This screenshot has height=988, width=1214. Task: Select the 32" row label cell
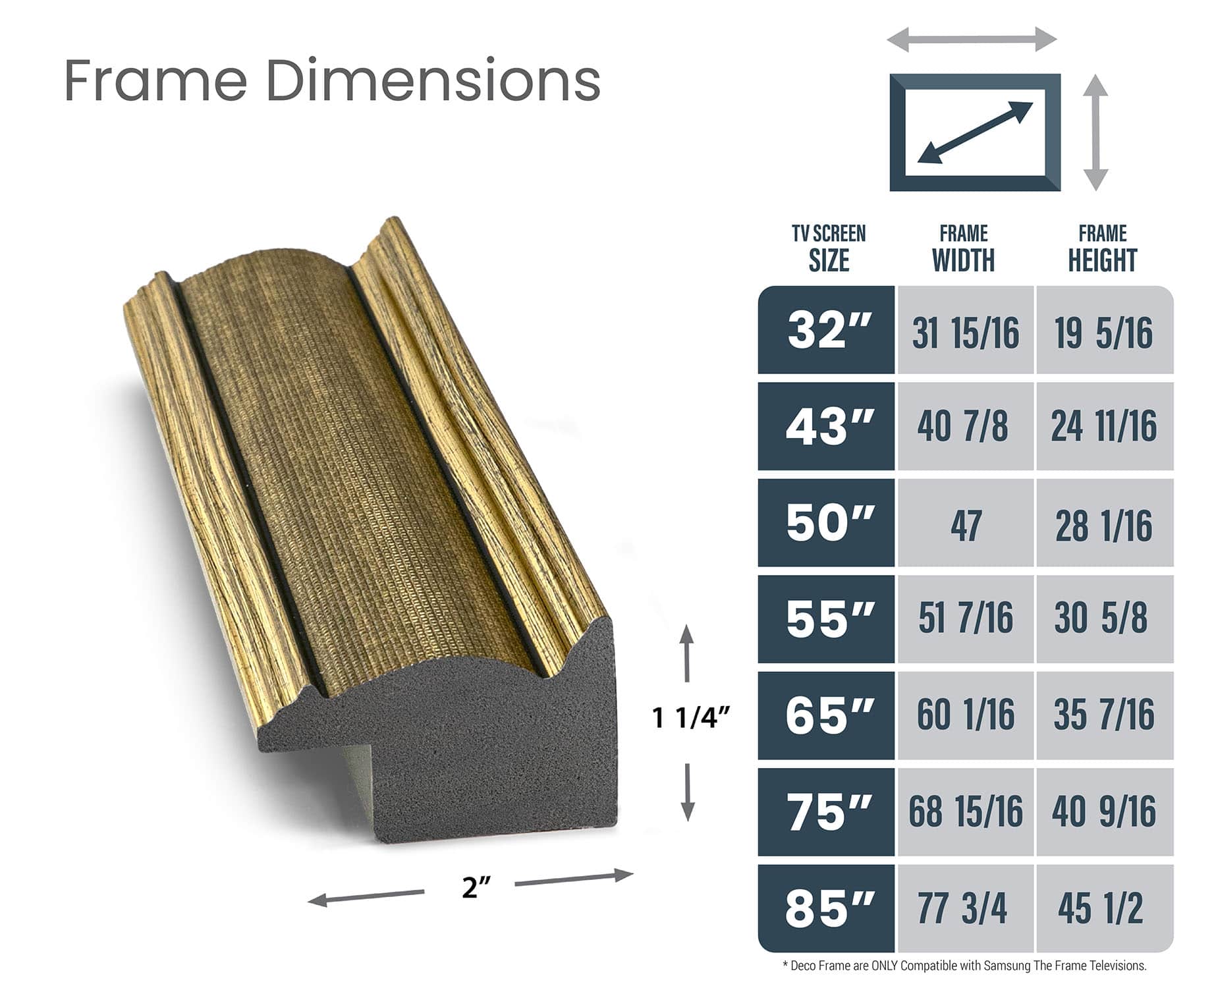coord(827,330)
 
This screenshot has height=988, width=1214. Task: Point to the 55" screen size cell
coord(827,619)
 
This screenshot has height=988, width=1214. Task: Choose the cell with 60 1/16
coord(966,715)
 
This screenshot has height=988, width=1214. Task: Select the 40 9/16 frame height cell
coord(1105,811)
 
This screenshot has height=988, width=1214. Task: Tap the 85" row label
coord(827,908)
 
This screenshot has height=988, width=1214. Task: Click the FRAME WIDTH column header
coord(964,249)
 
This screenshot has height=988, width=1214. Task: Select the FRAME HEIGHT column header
coord(1103,249)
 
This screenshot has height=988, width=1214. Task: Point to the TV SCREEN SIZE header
coord(829,249)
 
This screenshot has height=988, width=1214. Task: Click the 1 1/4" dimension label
coord(691,718)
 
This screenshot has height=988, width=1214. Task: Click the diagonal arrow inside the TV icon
coord(975,132)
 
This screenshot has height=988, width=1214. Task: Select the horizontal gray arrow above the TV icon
coord(972,40)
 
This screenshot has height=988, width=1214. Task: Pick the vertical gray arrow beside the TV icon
coord(1095,132)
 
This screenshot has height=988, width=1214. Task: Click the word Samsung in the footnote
coord(1006,966)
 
